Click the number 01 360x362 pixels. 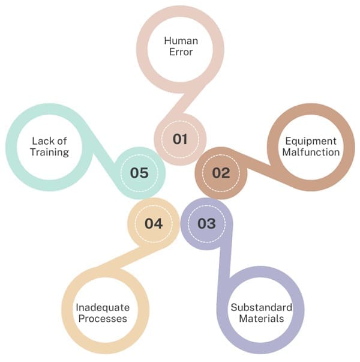click(x=180, y=139)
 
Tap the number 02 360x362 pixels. click(x=221, y=173)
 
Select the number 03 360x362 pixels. click(x=206, y=223)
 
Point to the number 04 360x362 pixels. click(x=154, y=223)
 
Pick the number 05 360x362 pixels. click(x=139, y=173)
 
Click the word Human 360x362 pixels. click(x=181, y=41)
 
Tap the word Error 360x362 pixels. click(x=181, y=52)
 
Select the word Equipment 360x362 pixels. click(x=311, y=142)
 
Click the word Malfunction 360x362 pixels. click(x=311, y=152)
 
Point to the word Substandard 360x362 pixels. click(x=262, y=307)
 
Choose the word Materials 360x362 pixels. click(x=262, y=319)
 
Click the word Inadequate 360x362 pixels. click(x=103, y=308)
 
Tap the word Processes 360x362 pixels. click(x=103, y=319)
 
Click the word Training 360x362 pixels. click(x=50, y=152)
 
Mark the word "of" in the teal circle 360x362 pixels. click(x=62, y=141)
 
